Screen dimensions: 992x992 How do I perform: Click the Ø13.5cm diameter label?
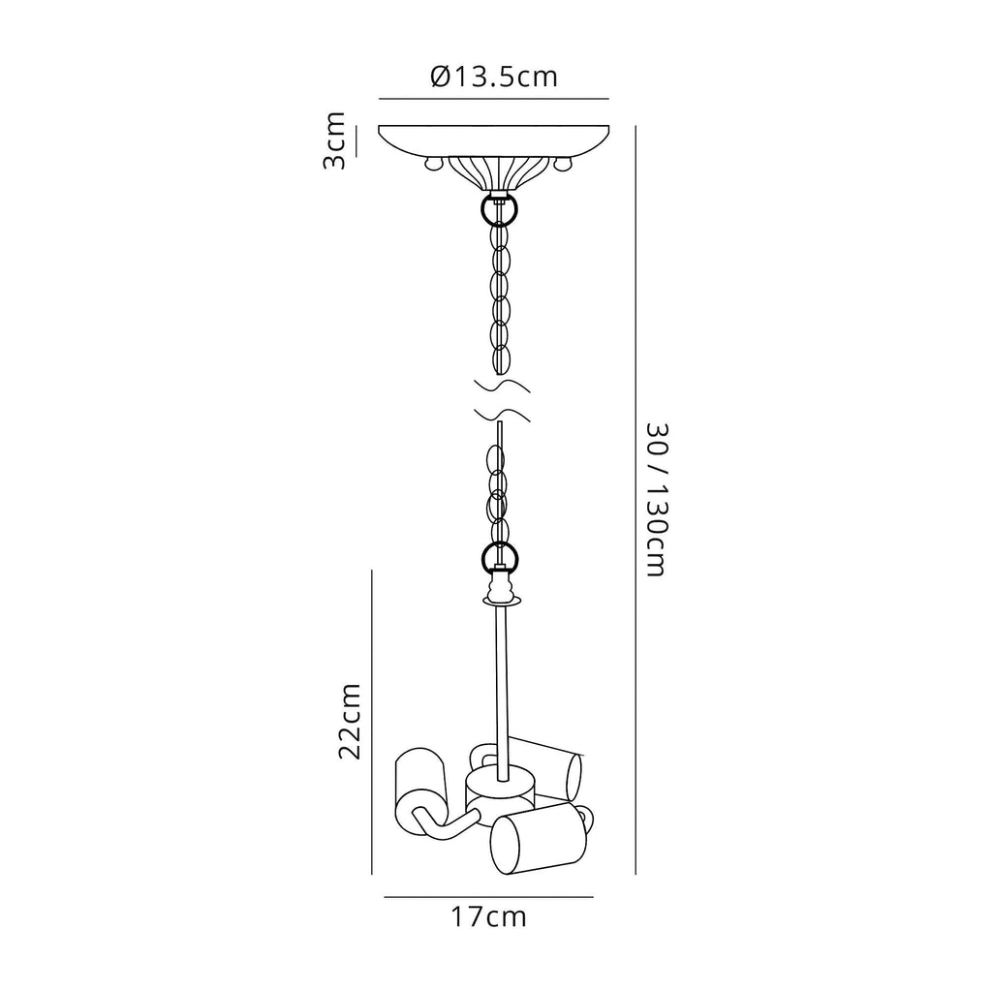coord(494,77)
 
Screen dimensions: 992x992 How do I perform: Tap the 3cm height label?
coord(334,140)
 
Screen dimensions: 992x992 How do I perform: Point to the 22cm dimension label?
coord(351,721)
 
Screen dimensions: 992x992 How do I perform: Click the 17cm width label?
coord(489,916)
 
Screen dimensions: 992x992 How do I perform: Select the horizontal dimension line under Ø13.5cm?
coord(493,98)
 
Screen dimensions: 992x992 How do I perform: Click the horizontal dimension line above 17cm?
coord(488,898)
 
